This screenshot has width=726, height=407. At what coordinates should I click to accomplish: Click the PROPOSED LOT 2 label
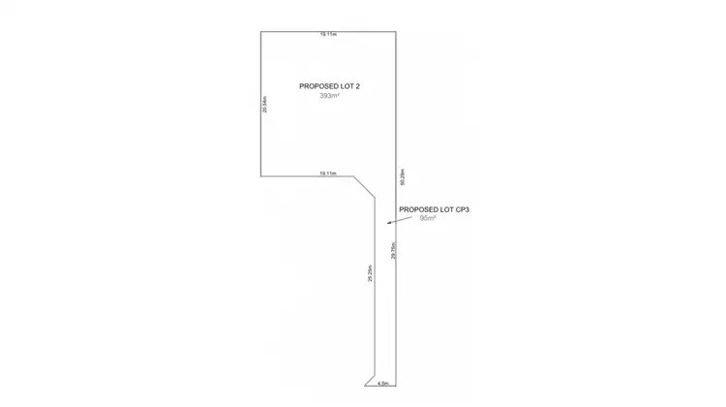click(x=329, y=86)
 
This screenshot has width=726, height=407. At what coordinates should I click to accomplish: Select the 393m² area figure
click(x=329, y=96)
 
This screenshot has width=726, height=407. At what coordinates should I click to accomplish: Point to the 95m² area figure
click(x=428, y=219)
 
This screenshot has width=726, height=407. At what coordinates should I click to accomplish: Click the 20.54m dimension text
click(x=264, y=105)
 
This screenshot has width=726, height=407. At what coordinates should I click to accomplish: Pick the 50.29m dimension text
click(x=401, y=177)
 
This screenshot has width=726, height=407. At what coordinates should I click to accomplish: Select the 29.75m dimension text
click(x=393, y=250)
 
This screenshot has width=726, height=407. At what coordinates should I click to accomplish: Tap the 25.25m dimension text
click(x=370, y=274)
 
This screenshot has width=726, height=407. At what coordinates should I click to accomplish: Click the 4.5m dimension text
click(x=382, y=383)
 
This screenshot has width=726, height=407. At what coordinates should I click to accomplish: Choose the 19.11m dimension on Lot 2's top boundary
click(x=328, y=34)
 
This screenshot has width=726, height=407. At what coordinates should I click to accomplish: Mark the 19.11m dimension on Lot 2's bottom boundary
click(x=328, y=172)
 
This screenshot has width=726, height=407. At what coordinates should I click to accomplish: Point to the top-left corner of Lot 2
click(x=260, y=32)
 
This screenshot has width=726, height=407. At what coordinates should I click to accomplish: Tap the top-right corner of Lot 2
click(x=396, y=32)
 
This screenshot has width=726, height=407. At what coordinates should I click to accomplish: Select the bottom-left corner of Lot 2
click(x=260, y=176)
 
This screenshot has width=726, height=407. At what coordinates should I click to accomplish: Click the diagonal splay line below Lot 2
click(x=365, y=188)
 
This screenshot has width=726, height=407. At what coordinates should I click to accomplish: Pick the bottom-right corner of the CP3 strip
click(x=396, y=386)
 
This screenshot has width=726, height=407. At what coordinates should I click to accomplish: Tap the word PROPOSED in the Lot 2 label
click(x=315, y=86)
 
